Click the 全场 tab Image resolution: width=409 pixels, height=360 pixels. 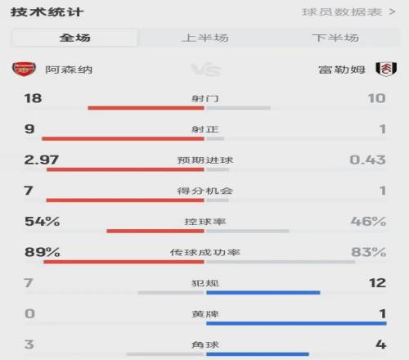click(74, 38)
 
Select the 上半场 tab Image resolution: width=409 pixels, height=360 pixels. click(205, 38)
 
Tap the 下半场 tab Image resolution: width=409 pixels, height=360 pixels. click(335, 38)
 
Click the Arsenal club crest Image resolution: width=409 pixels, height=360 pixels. click(24, 69)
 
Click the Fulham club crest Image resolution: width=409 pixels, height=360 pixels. click(386, 69)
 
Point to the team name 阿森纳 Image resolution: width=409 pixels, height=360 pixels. click(69, 70)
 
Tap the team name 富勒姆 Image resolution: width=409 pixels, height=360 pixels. click(342, 70)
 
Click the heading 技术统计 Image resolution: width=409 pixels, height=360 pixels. click(47, 12)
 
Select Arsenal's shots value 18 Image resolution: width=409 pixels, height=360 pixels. click(33, 98)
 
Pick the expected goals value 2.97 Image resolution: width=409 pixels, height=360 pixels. click(42, 160)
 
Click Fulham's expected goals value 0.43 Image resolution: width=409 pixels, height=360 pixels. click(367, 160)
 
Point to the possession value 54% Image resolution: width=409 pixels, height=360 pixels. click(43, 222)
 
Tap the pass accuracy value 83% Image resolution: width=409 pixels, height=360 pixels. click(369, 252)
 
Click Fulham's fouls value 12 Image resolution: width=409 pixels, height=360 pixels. click(378, 283)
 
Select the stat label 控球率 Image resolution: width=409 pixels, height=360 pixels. click(205, 222)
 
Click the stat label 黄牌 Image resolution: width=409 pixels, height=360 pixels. click(205, 314)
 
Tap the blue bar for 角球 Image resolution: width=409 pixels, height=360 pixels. click(258, 354)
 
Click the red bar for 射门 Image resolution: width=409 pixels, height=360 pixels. click(146, 108)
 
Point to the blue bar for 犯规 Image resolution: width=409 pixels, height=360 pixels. click(263, 293)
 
